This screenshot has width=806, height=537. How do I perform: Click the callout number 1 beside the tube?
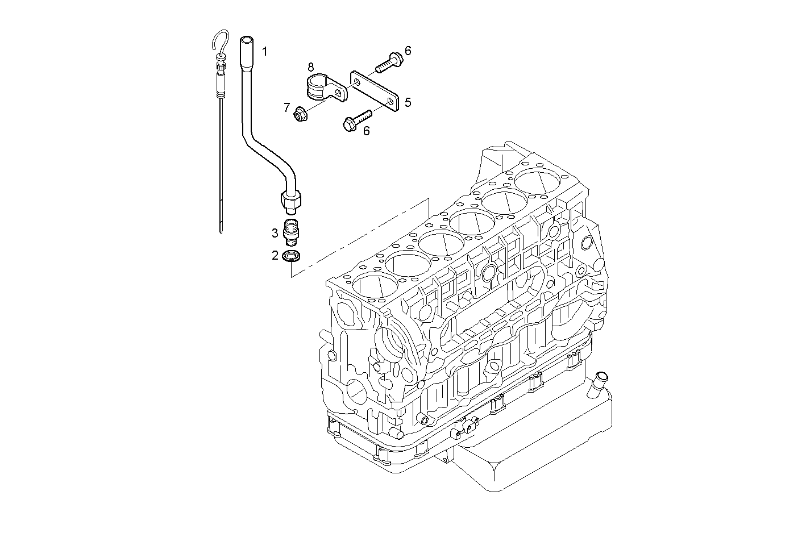264,51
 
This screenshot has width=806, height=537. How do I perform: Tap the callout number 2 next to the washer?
275,256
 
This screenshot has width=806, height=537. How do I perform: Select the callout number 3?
275,232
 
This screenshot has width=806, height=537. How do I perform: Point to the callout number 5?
408,102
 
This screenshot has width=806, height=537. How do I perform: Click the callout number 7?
287,107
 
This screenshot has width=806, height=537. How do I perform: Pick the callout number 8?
311,67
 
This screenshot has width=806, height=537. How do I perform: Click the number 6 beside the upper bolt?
408,51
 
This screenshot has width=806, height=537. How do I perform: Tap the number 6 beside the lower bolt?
366,131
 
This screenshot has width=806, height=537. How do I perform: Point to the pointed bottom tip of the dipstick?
221,232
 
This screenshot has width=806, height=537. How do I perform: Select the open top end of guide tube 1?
246,40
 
